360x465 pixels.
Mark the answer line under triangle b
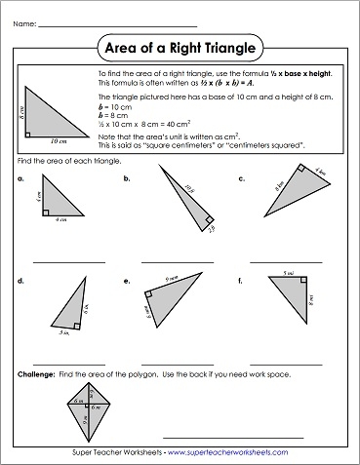[177, 262]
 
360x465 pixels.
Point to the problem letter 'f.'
[241, 282]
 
